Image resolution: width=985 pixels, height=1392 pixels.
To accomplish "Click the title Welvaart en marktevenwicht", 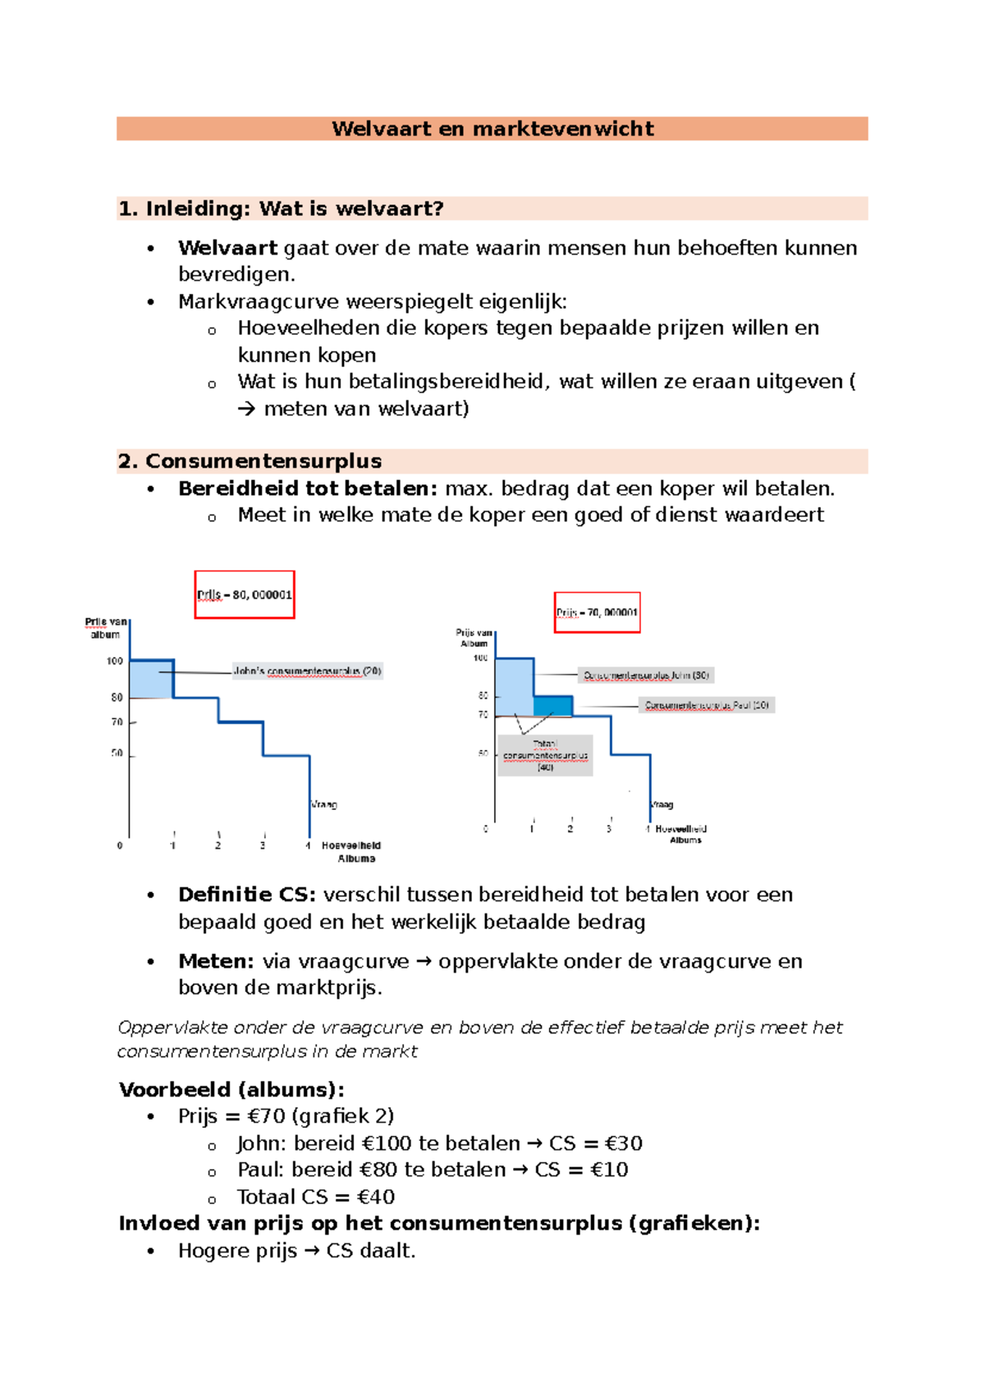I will pyautogui.click(x=492, y=129).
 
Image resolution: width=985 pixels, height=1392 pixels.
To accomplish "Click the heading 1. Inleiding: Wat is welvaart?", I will pyautogui.click(x=281, y=208).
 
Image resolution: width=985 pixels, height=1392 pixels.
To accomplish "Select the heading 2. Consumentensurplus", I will pyautogui.click(x=250, y=461).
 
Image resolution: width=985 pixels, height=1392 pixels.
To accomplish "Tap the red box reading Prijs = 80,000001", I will pyautogui.click(x=245, y=594).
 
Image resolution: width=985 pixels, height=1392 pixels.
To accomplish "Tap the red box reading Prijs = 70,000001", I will pyautogui.click(x=597, y=612).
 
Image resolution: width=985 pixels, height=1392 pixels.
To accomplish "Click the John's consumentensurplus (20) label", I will pyautogui.click(x=308, y=671).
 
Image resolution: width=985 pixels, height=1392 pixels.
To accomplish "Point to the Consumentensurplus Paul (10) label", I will pyautogui.click(x=707, y=705).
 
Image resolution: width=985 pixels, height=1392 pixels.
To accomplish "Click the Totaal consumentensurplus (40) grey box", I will pyautogui.click(x=545, y=755).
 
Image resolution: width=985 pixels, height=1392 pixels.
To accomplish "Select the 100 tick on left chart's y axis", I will pyautogui.click(x=115, y=661).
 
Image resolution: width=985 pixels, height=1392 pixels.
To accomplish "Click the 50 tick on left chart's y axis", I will pyautogui.click(x=117, y=753).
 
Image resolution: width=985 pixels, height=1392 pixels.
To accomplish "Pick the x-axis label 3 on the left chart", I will pyautogui.click(x=263, y=845).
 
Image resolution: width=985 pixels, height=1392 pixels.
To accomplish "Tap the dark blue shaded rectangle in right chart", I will pyautogui.click(x=552, y=705).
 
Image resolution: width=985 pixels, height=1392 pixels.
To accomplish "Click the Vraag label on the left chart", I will pyautogui.click(x=323, y=804).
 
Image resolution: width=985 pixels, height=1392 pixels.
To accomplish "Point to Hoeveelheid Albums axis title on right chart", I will pyautogui.click(x=682, y=834).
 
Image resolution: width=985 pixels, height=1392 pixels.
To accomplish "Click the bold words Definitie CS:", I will pyautogui.click(x=246, y=895).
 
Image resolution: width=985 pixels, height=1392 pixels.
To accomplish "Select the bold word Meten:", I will pyautogui.click(x=216, y=961).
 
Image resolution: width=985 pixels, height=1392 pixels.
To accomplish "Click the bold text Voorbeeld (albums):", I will pyautogui.click(x=231, y=1090).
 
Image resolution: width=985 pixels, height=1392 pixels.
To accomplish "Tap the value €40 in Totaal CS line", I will pyautogui.click(x=376, y=1197).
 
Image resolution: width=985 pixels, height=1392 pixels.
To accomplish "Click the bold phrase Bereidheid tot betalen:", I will pyautogui.click(x=308, y=488).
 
